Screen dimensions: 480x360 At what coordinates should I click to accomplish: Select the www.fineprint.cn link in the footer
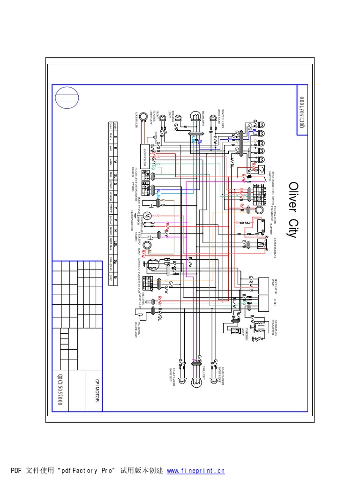(x=196, y=470)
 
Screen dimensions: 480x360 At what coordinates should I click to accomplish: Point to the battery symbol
(x=259, y=225)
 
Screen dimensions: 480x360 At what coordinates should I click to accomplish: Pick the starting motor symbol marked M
(x=147, y=216)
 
